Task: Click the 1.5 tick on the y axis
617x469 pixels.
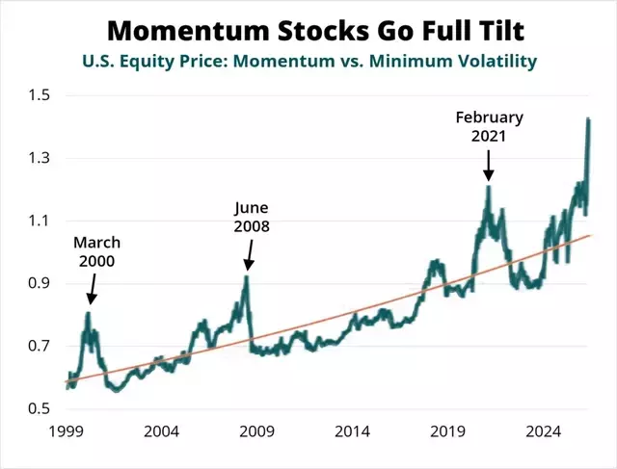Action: [40, 95]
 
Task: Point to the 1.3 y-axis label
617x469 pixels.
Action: [40, 158]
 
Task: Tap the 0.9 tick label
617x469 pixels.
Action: [40, 283]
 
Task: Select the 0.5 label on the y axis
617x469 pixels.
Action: [40, 408]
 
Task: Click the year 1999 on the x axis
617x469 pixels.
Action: [67, 431]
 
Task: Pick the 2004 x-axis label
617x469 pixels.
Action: [161, 431]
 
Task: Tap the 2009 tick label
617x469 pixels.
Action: [257, 431]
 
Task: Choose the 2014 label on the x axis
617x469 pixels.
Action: [352, 431]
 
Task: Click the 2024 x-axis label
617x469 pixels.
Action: [543, 431]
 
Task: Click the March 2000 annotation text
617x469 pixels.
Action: [96, 251]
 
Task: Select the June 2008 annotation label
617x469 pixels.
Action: [252, 217]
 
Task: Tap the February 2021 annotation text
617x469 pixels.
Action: [489, 126]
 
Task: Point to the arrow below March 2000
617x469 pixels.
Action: [93, 289]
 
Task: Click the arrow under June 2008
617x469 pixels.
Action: [249, 255]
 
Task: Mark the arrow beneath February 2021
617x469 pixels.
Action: [489, 166]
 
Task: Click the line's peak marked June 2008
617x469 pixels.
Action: [247, 277]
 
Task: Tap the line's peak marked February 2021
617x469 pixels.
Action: [489, 187]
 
